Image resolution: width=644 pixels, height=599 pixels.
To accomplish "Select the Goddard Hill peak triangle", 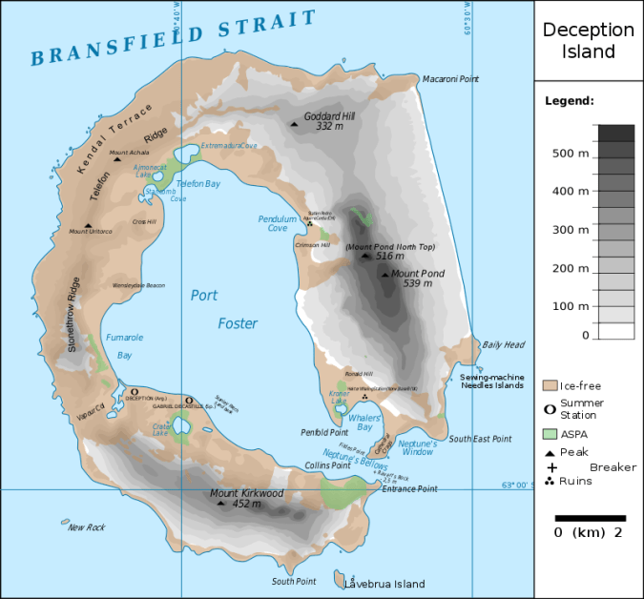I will (x=294, y=122).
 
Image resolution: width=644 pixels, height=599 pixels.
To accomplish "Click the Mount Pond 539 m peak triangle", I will (x=384, y=275).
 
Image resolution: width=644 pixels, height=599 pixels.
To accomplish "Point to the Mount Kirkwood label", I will (x=247, y=493).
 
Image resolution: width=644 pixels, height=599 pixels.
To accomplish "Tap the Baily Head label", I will (x=503, y=344).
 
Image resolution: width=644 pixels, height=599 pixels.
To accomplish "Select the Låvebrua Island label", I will (x=384, y=584).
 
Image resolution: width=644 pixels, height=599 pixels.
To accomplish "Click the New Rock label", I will (x=85, y=527).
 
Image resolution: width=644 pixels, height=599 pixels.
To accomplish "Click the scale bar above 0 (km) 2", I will (x=589, y=518).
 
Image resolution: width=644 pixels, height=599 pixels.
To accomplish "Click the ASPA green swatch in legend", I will (x=550, y=432).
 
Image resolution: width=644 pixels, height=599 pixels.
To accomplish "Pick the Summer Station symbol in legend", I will (x=550, y=408).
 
